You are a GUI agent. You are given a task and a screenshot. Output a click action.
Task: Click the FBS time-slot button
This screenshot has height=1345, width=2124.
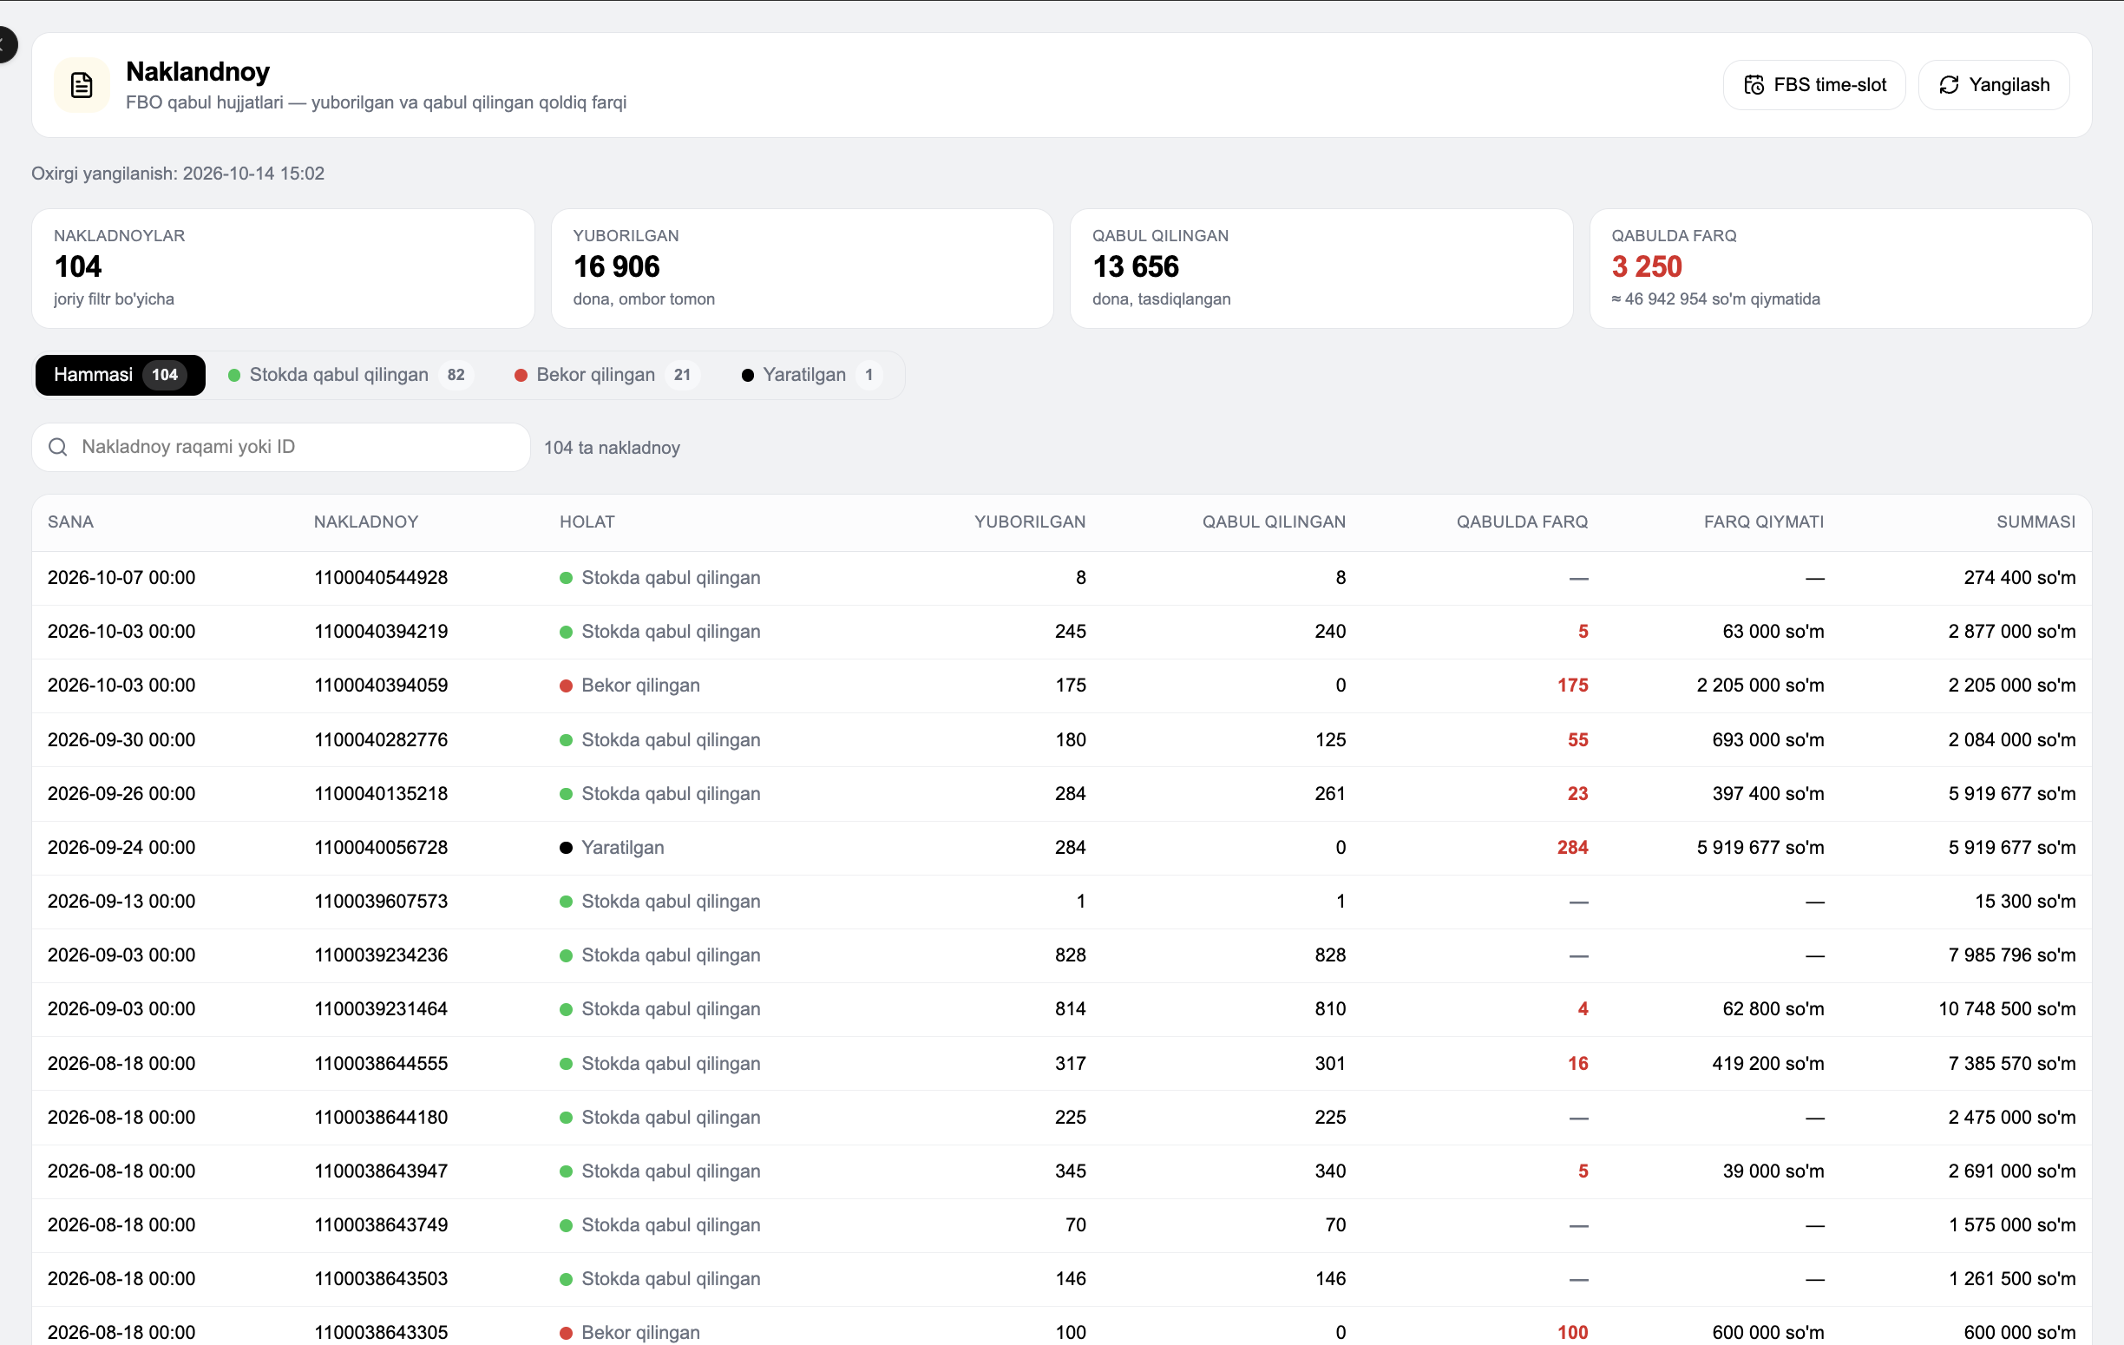click(x=1813, y=85)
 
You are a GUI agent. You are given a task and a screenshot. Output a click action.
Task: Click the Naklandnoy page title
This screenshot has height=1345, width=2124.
click(x=198, y=71)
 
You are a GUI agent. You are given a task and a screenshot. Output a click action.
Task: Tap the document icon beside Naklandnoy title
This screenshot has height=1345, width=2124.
click(x=82, y=85)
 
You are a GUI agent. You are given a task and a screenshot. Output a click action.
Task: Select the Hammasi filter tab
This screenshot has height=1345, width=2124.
click(x=120, y=375)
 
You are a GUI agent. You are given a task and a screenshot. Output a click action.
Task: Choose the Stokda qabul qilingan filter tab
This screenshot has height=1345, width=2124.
click(x=351, y=375)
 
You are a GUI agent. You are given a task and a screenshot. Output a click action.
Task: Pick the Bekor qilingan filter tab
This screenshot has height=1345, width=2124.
click(x=606, y=375)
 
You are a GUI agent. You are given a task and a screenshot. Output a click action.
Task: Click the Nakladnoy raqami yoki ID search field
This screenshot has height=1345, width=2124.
click(x=280, y=447)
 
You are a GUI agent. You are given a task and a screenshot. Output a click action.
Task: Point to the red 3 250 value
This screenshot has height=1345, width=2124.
click(x=1647, y=266)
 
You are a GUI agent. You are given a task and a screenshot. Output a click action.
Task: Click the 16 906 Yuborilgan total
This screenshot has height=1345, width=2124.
click(x=617, y=266)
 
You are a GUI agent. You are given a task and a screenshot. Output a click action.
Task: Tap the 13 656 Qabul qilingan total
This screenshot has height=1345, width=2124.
click(x=1135, y=266)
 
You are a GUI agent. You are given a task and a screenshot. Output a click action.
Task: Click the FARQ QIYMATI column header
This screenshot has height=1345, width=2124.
click(x=1764, y=522)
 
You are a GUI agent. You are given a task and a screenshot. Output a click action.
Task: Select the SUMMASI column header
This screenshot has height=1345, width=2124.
click(x=2035, y=522)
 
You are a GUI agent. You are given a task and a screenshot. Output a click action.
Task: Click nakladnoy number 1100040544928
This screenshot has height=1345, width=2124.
click(x=381, y=578)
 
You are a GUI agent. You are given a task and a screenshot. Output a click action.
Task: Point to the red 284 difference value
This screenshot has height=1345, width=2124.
click(x=1573, y=848)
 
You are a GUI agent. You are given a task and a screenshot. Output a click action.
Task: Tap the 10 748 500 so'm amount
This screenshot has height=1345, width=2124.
click(x=2007, y=1009)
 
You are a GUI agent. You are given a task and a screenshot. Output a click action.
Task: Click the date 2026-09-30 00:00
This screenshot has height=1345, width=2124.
click(x=121, y=740)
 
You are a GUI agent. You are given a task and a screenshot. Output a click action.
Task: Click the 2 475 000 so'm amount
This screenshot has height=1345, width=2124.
click(x=2012, y=1118)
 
